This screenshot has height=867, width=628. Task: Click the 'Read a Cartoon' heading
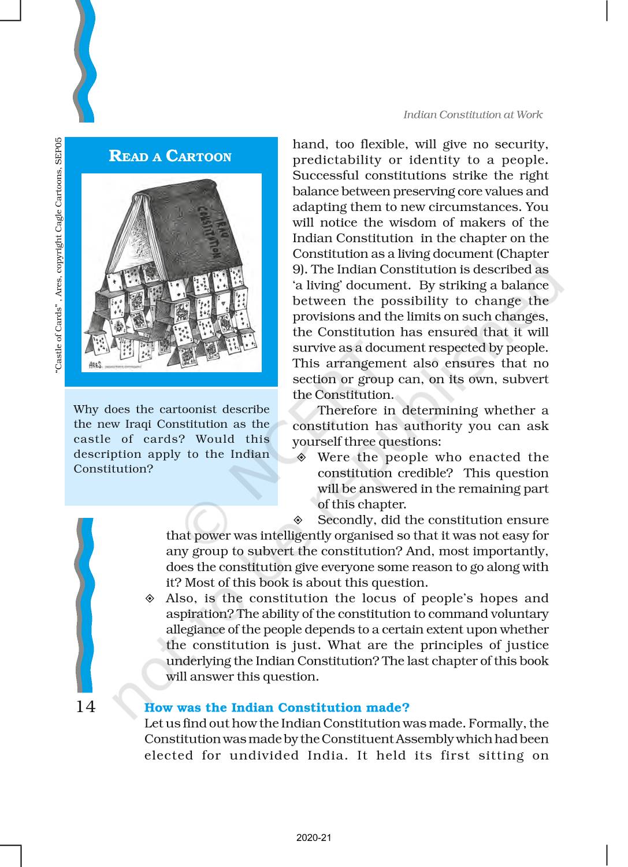tap(170, 156)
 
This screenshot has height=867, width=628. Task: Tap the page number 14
tap(86, 706)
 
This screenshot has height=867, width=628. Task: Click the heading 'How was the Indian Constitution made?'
tap(277, 707)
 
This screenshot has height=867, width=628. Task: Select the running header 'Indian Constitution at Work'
tap(473, 114)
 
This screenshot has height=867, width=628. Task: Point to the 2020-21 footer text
tap(314, 838)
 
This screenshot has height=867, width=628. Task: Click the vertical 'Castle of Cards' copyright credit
tap(58, 254)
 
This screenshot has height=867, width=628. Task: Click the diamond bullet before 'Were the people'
tap(302, 458)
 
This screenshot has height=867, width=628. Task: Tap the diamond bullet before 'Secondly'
tap(298, 520)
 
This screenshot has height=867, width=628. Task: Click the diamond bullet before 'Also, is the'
tap(150, 598)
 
